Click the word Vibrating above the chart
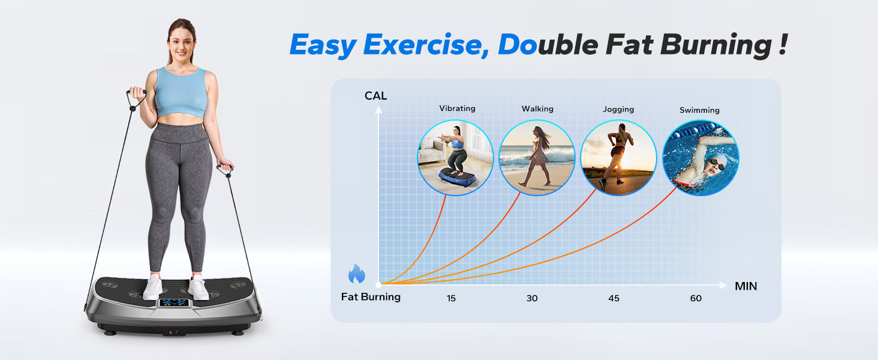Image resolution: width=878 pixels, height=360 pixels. tap(457, 108)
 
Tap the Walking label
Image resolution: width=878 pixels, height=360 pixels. tap(537, 109)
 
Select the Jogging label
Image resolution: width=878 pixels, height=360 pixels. tap(618, 109)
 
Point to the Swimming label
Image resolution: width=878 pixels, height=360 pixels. tap(699, 110)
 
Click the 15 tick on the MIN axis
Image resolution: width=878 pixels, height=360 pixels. tap(451, 298)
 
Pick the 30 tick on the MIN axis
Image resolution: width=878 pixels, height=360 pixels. tap(532, 298)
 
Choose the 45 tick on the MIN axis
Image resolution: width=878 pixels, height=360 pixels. tap(614, 298)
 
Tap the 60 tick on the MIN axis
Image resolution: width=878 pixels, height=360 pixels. tap(696, 298)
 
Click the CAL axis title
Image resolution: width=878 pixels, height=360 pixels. tap(375, 95)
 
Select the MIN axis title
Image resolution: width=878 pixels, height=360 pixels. tap(746, 286)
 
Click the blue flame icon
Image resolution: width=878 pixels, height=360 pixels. tap(357, 274)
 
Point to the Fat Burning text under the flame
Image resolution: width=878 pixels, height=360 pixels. tap(371, 297)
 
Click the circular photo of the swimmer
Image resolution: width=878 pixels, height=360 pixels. tap(700, 158)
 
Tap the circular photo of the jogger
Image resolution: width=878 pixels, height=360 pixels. tap(618, 158)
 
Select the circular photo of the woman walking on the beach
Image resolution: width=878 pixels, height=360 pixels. tap(537, 158)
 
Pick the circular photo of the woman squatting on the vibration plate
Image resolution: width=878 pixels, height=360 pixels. tap(455, 158)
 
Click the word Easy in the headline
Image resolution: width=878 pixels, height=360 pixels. tap(323, 46)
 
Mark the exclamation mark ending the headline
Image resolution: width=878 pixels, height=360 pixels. tap(783, 44)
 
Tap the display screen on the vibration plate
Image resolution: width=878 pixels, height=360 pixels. tap(174, 303)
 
